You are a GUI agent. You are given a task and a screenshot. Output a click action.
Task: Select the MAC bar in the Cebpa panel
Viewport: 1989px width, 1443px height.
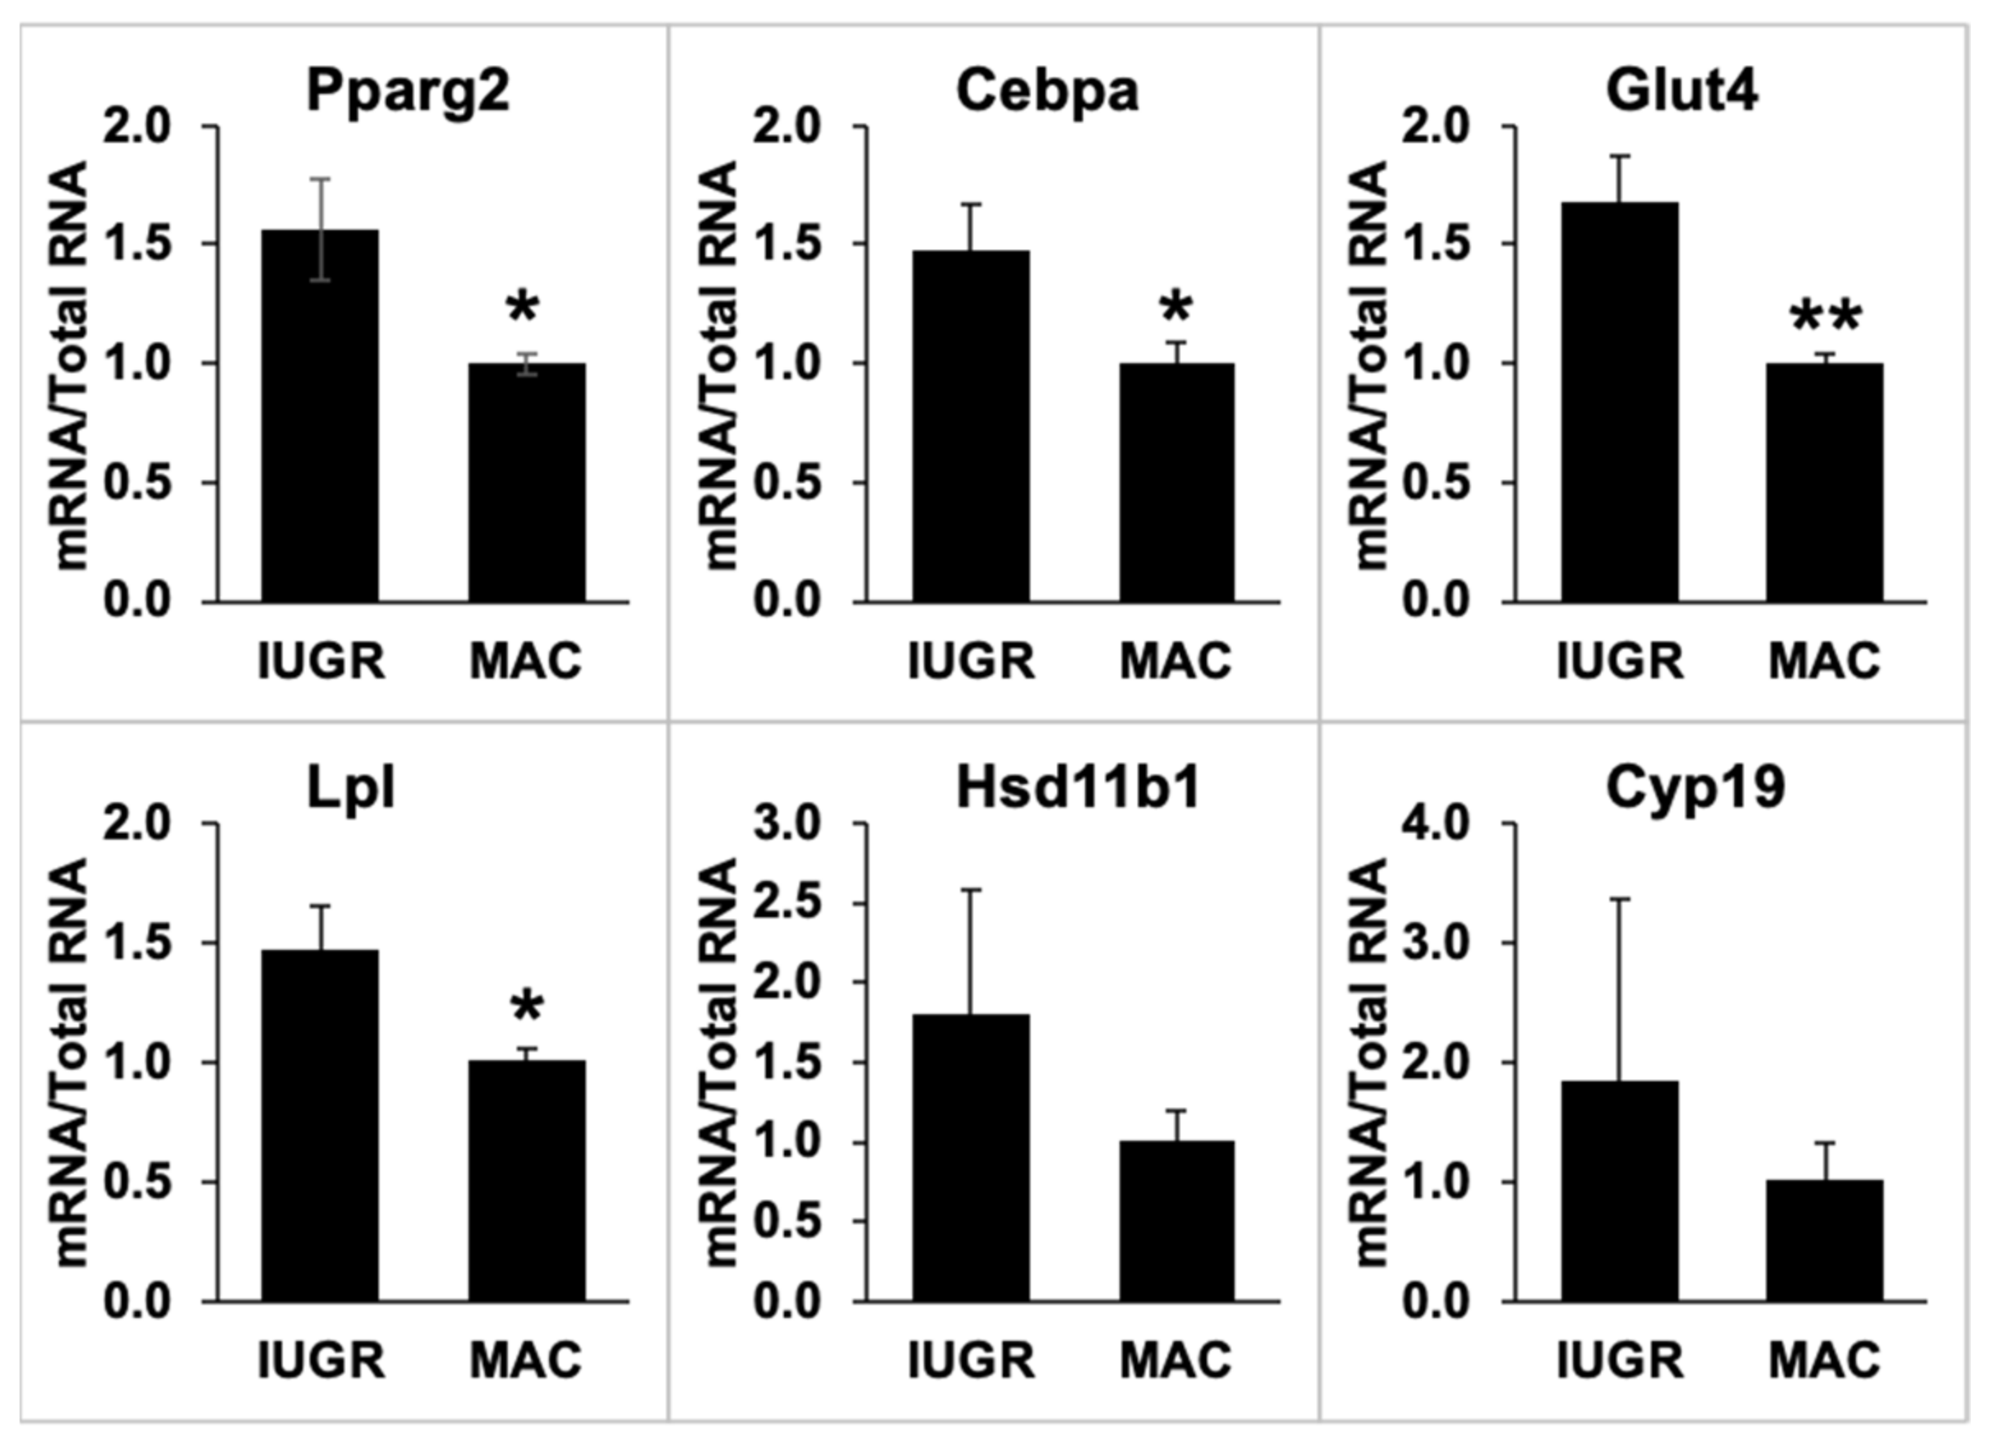[x=1176, y=482]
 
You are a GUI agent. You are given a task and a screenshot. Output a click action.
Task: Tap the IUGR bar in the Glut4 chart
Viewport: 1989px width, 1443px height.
[x=1619, y=403]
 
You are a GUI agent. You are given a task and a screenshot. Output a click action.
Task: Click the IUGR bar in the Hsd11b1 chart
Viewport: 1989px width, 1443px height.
[x=971, y=1157]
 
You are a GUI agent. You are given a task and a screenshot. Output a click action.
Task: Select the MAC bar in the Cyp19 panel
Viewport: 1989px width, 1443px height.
[x=1824, y=1241]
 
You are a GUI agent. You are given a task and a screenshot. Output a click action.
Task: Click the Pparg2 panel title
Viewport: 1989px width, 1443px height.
[x=408, y=91]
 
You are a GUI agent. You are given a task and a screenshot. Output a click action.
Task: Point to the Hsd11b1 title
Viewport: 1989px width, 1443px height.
[x=1077, y=788]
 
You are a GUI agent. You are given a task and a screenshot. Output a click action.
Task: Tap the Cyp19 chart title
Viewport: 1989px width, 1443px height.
[x=1696, y=788]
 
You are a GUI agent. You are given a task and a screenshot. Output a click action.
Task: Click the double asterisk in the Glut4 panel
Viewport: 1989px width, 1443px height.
[x=1825, y=317]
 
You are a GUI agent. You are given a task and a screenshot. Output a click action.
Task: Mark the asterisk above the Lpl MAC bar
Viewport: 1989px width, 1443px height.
[x=526, y=1007]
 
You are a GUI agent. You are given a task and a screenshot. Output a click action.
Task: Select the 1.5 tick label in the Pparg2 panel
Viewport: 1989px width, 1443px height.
[x=136, y=244]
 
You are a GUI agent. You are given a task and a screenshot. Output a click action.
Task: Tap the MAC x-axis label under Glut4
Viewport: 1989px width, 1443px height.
[x=1824, y=661]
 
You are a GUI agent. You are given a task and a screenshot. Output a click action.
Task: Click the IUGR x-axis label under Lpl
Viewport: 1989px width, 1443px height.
[x=321, y=1361]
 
